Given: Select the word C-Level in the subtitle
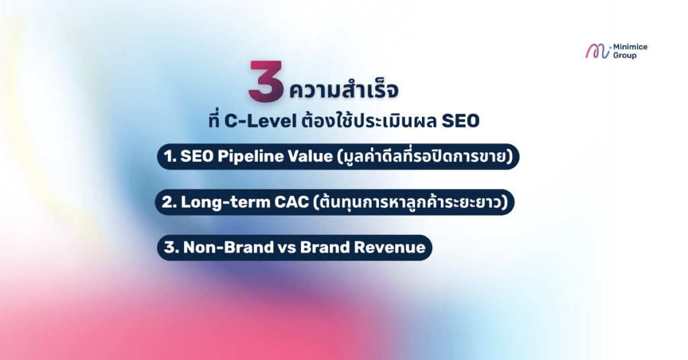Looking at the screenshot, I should (255, 123).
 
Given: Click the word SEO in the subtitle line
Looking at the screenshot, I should (464, 123).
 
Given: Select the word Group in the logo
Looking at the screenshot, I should (625, 56).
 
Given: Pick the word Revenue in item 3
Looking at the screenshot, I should (390, 247).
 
